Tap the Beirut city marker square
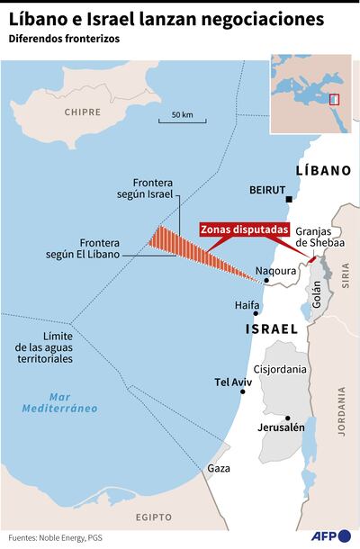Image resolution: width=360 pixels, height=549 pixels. click(291, 200)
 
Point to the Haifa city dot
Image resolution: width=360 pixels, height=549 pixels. click(256, 314)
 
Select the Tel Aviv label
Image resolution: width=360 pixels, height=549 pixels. click(233, 382)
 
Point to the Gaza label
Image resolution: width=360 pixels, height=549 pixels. click(219, 469)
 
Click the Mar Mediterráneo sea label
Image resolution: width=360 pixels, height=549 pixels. click(60, 402)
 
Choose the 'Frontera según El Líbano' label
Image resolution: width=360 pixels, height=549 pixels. click(107, 248)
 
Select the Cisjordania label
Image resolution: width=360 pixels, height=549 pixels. click(281, 369)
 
